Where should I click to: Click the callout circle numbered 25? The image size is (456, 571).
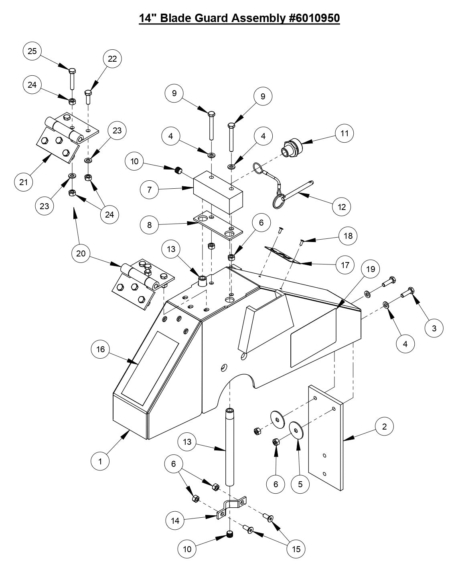[x=32, y=51]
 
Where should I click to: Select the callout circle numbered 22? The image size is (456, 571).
[x=112, y=59]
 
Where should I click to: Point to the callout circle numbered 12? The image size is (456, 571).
[x=342, y=207]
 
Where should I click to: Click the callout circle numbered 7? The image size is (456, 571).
[x=150, y=189]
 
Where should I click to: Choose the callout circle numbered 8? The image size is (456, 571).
[x=150, y=225]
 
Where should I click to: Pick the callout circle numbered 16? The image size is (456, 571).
[x=100, y=349]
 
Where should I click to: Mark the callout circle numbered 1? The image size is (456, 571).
[x=100, y=461]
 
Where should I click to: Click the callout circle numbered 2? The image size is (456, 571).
[x=385, y=427]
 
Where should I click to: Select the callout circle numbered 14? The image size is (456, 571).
[x=175, y=521]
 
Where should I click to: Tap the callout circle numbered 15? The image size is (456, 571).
[x=296, y=549]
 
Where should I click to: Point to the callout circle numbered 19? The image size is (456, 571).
[x=371, y=269]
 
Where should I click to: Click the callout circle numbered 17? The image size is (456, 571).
[x=345, y=265]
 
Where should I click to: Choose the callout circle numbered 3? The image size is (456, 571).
[x=434, y=328]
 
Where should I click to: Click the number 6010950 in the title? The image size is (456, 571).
[x=314, y=18]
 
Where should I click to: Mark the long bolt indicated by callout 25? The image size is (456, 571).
[x=72, y=80]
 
